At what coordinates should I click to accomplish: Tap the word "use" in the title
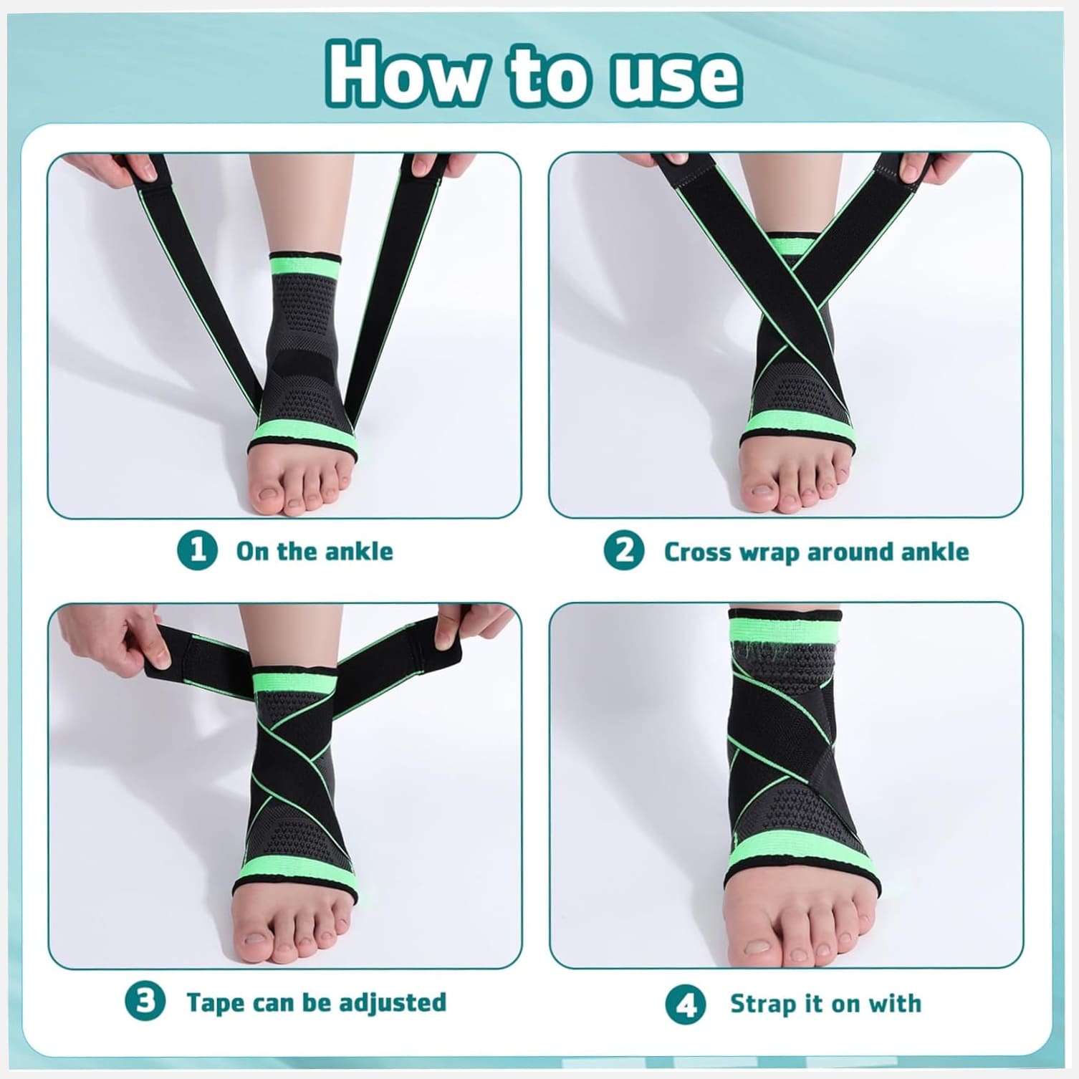(675, 77)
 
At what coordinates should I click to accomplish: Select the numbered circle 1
(197, 551)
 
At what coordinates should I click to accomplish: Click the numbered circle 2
(624, 551)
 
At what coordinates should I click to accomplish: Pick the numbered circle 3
(145, 1001)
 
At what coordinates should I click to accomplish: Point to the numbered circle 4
(686, 1004)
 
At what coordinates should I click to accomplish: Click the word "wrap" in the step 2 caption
(767, 552)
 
